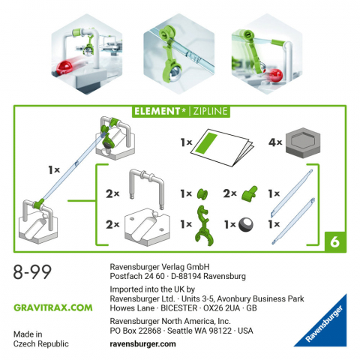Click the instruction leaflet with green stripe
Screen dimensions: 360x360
pos(223,145)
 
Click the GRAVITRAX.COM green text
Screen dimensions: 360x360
pos(53,307)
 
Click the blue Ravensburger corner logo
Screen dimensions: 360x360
pos(324,326)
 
